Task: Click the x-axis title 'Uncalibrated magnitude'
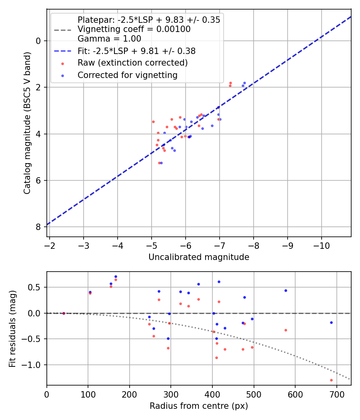(x=199, y=257)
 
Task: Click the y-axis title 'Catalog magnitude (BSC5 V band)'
(x=27, y=122)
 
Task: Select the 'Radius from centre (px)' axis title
(x=199, y=406)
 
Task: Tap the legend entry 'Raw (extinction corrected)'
(x=132, y=63)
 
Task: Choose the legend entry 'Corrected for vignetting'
(x=127, y=75)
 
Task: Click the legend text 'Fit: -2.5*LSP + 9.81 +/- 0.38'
(x=136, y=51)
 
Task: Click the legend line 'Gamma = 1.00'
(x=109, y=39)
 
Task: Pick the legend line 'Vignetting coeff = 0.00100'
(x=134, y=29)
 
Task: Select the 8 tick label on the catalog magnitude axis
(x=38, y=227)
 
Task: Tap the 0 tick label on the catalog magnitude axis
(x=38, y=41)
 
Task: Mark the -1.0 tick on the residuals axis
(x=33, y=365)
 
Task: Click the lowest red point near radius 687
(x=331, y=380)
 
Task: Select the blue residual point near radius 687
(x=331, y=322)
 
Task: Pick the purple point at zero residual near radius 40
(x=64, y=313)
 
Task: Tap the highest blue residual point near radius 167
(x=116, y=276)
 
